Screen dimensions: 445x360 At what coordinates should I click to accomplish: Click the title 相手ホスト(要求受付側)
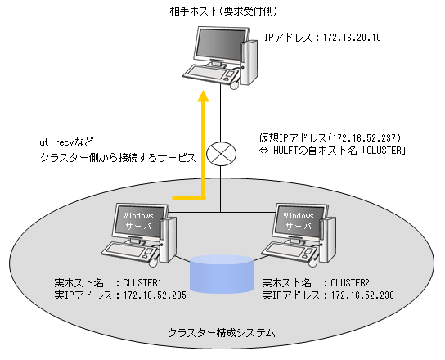pos(223,11)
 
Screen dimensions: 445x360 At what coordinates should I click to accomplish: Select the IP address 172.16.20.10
pos(352,38)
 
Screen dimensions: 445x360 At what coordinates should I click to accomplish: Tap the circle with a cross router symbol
pos(221,154)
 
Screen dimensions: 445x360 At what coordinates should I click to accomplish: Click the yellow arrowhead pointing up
pos(203,96)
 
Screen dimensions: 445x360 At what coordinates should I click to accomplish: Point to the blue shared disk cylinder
pos(222,274)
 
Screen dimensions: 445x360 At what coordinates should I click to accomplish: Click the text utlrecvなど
pos(66,142)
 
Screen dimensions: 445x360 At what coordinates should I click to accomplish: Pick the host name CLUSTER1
pos(142,283)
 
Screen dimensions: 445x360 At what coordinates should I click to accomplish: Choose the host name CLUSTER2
pos(350,283)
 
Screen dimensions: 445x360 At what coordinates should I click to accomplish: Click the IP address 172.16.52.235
pos(155,295)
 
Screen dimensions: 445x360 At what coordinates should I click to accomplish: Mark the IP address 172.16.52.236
pos(362,295)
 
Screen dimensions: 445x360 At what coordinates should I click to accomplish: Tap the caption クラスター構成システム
pos(222,333)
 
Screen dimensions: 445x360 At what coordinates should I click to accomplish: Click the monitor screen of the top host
pos(221,43)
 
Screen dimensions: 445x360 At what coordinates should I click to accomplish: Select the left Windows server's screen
pos(139,221)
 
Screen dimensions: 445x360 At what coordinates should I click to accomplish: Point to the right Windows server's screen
pos(299,221)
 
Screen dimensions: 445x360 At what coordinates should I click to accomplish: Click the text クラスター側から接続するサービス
pos(118,158)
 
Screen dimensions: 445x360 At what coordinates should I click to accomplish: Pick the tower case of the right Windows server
pos(327,239)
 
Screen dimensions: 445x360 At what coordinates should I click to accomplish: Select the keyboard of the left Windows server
pos(128,250)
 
